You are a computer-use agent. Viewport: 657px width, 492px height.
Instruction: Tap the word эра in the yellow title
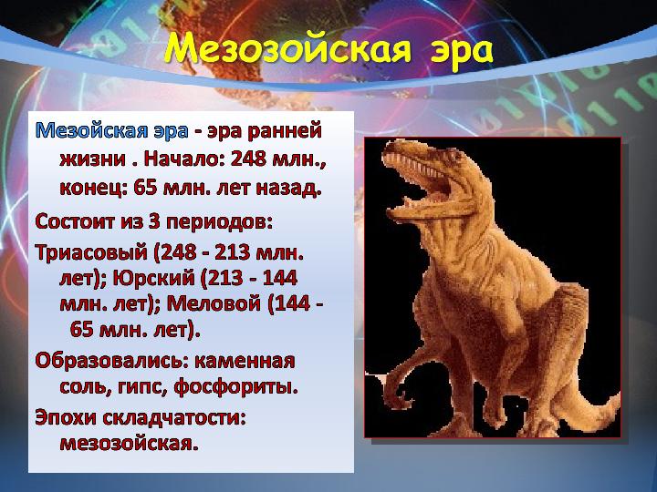click(x=462, y=51)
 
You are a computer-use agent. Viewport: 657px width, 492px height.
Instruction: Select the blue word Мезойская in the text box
click(x=91, y=131)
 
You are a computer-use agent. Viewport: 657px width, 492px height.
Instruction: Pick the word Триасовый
click(x=92, y=252)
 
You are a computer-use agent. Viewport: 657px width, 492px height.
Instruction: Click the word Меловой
click(x=214, y=302)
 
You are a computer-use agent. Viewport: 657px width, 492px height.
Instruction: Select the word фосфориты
click(x=235, y=386)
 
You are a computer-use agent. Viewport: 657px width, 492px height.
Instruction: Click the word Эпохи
click(x=66, y=418)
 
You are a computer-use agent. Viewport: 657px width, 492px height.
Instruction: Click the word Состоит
click(x=75, y=221)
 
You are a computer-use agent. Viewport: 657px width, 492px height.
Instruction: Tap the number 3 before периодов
click(x=154, y=221)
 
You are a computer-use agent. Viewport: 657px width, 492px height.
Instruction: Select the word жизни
click(x=92, y=159)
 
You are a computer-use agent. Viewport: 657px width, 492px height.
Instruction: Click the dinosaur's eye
click(x=452, y=158)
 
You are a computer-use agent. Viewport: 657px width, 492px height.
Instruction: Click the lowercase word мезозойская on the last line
click(x=129, y=443)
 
